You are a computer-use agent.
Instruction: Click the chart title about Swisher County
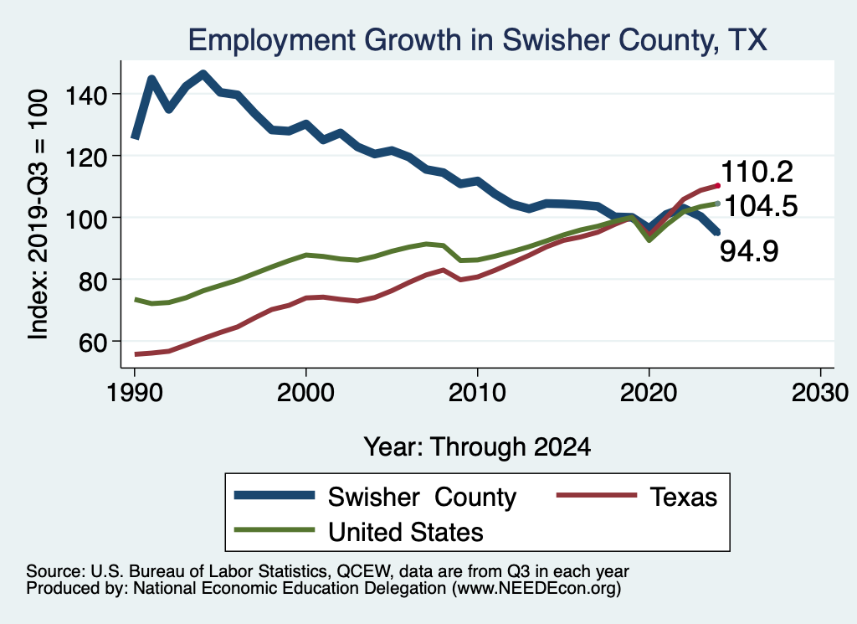tap(477, 39)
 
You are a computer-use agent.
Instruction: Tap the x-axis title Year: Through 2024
tap(477, 446)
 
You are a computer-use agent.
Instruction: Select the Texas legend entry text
tap(683, 497)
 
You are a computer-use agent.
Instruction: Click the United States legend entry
tap(406, 531)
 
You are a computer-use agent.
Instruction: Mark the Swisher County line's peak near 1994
tap(203, 74)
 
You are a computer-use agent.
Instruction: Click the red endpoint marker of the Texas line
tap(717, 185)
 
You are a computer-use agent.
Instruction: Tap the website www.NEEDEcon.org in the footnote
tap(536, 589)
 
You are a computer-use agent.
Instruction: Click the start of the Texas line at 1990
tap(135, 354)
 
